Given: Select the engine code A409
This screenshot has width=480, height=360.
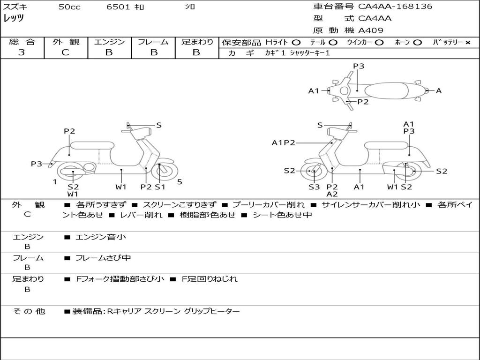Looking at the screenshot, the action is tap(371, 31).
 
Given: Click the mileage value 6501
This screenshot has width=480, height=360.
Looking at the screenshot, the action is tap(119, 7).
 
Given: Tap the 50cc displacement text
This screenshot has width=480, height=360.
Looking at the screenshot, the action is tap(69, 7).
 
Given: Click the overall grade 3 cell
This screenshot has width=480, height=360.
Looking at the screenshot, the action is tap(22, 52).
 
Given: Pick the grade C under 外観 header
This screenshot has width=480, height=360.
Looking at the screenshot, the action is tap(66, 52).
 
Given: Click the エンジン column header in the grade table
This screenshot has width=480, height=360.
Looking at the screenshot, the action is tap(109, 42).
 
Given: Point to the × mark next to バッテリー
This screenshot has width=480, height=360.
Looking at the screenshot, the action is tap(467, 43).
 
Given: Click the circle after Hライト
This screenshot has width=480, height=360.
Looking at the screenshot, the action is tap(296, 43).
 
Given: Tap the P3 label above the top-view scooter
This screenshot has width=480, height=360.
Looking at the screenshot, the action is tap(359, 66).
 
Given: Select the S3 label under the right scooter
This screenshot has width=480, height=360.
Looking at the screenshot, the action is tap(314, 187).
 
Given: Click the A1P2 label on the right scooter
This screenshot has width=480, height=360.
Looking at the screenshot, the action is tap(284, 142).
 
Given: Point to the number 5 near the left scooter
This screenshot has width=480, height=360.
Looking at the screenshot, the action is tap(180, 181).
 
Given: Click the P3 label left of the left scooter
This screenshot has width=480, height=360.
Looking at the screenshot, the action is tap(37, 164).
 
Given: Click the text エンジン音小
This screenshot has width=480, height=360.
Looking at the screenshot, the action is tap(101, 237).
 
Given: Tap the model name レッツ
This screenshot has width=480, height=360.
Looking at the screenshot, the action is tap(14, 19).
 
